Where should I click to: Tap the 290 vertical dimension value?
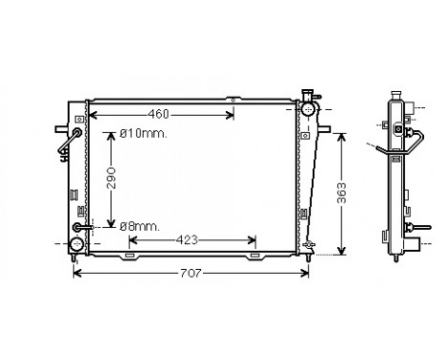tap(112, 179)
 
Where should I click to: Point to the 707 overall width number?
tap(190, 275)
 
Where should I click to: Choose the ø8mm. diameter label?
tap(138, 225)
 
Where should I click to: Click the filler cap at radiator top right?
tap(307, 94)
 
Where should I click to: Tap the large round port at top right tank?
tap(307, 110)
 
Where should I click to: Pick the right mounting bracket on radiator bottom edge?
tap(254, 256)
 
